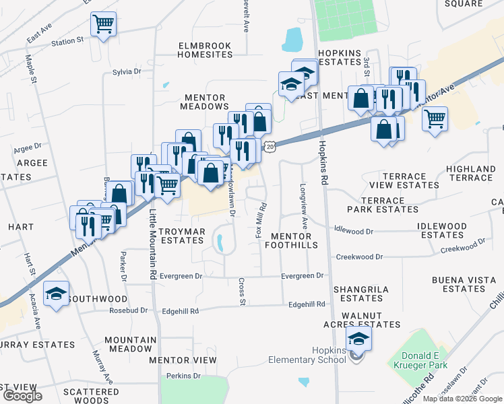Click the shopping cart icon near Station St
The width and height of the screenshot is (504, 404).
(103, 25)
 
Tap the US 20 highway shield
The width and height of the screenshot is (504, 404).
(270, 146)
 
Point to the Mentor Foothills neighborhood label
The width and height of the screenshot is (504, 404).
(290, 240)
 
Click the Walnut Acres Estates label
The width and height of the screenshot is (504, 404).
(361, 319)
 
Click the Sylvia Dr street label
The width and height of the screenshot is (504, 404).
(127, 71)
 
